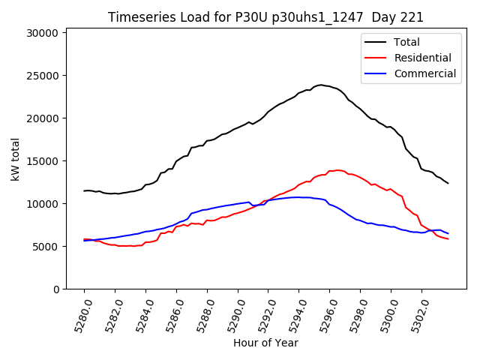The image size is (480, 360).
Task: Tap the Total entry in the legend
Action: (x=407, y=42)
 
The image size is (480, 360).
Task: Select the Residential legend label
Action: (x=422, y=58)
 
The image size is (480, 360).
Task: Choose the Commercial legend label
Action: (x=424, y=73)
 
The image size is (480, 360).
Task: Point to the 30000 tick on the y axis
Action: (x=42, y=33)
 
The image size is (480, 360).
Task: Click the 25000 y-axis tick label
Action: (x=42, y=76)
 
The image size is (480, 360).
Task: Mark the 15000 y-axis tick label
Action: (x=42, y=161)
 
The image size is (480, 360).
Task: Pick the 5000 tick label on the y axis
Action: (x=45, y=247)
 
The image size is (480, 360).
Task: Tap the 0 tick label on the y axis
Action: (x=55, y=289)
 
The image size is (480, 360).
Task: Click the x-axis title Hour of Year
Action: (x=265, y=343)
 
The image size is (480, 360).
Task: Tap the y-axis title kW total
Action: (x=15, y=158)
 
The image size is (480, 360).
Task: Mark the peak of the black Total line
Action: (x=321, y=85)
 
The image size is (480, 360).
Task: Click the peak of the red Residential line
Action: (x=338, y=170)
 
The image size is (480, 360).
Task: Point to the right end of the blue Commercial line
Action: (x=448, y=233)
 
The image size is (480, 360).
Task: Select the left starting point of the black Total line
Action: (x=84, y=190)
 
